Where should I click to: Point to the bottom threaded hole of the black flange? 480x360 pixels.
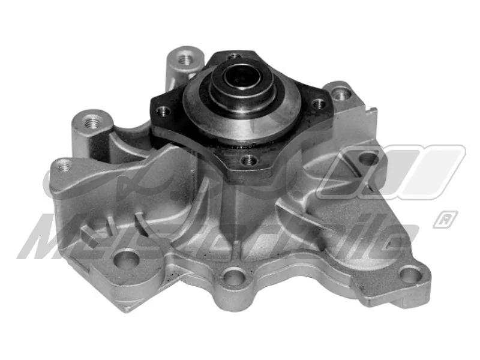coord(247,160)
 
